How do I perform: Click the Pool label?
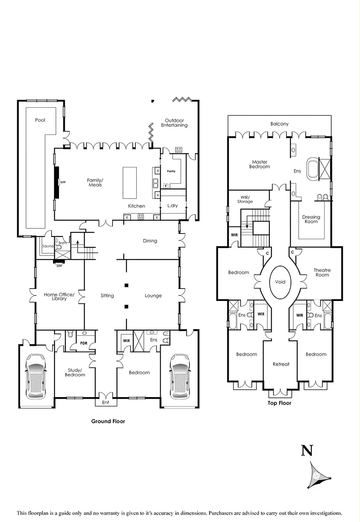tap(40, 120)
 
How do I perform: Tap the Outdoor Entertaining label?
tap(174, 123)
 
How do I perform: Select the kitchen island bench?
tap(130, 182)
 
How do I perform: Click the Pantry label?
tap(171, 171)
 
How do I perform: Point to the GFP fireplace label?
tap(63, 182)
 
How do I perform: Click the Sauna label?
tap(48, 246)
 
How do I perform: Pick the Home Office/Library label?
tap(59, 297)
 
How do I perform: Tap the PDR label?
tap(83, 343)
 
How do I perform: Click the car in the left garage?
tap(35, 376)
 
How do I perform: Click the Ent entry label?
tap(106, 402)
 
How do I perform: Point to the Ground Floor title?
tap(108, 421)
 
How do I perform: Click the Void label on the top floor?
tap(280, 282)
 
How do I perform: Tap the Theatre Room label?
tap(322, 272)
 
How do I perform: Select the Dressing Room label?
tap(311, 220)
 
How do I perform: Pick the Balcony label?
tap(279, 124)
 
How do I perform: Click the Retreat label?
tap(281, 364)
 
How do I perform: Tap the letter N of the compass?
tap(306, 451)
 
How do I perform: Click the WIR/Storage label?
tap(245, 199)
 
